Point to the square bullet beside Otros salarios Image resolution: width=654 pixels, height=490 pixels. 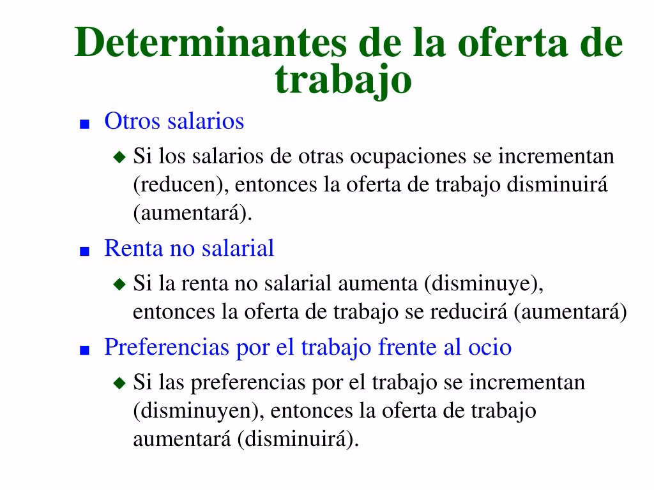[84, 123]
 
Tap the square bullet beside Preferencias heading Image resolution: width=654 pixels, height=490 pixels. [84, 350]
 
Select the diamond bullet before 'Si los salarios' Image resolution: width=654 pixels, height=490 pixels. [119, 156]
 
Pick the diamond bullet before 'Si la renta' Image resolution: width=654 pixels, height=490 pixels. [119, 284]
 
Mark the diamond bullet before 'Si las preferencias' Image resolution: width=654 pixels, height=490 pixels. [119, 383]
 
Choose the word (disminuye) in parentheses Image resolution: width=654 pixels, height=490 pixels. [484, 284]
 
